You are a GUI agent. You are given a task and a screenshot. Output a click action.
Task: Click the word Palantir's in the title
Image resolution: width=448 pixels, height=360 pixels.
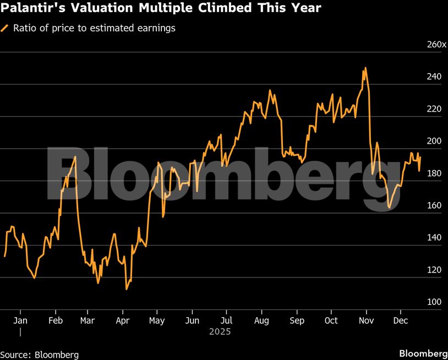31,8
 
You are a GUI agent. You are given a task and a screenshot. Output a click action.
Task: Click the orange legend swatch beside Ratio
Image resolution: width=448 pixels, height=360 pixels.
5,28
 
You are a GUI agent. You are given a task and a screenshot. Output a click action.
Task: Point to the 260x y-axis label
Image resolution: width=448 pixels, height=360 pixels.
436,44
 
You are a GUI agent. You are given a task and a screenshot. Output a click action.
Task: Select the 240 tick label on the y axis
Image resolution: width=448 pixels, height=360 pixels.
434,77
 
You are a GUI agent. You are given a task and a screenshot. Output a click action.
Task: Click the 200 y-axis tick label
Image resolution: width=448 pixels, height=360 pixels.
434,141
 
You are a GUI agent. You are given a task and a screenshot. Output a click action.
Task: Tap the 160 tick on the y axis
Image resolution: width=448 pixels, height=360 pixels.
434,205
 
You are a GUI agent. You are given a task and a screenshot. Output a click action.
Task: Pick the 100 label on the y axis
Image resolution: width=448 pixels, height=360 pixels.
434,302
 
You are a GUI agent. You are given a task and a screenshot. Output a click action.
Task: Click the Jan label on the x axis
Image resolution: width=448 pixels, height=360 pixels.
20,320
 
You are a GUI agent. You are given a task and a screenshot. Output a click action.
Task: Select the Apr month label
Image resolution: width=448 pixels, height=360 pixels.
122,320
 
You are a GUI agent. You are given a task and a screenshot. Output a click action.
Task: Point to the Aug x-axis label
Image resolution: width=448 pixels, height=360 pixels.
261,320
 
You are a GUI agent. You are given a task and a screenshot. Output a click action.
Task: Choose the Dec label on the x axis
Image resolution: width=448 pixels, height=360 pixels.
400,320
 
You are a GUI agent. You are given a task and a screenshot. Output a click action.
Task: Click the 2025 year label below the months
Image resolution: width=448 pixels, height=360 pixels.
220,332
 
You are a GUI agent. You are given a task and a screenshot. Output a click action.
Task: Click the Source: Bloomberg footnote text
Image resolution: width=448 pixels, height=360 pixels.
40,354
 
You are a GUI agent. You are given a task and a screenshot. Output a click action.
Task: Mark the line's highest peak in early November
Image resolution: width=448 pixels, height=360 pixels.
365,68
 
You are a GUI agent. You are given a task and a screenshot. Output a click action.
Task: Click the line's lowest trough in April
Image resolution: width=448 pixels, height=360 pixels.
127,290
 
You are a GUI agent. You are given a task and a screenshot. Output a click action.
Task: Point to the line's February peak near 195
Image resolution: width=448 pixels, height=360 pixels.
75,157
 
